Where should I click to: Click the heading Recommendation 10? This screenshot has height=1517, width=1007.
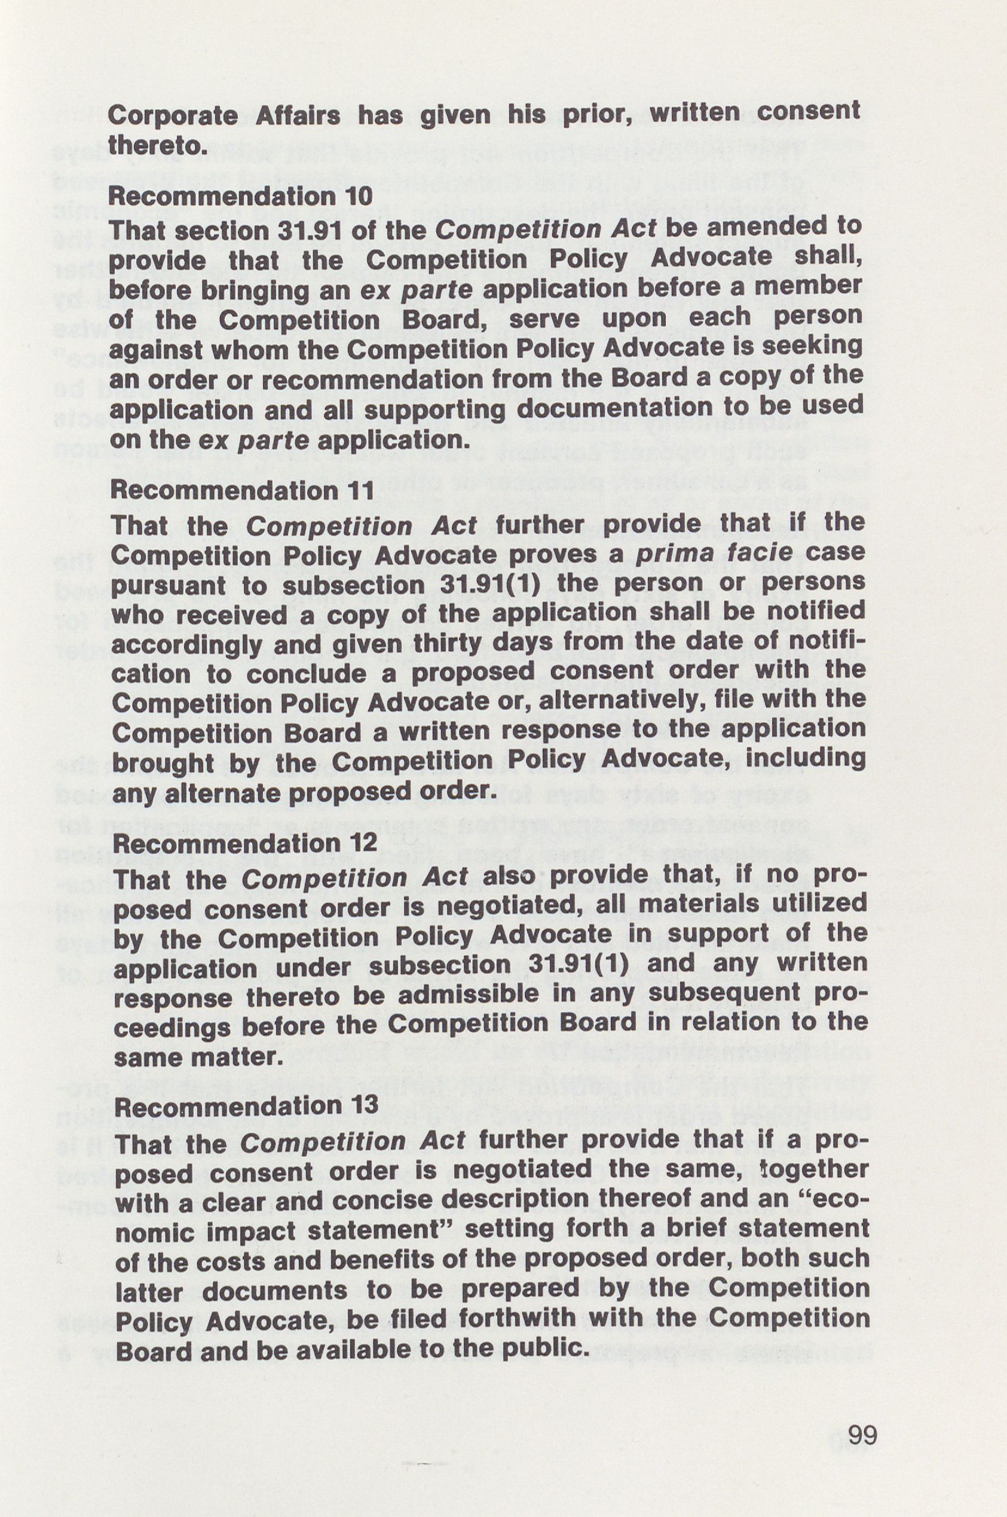[x=240, y=197]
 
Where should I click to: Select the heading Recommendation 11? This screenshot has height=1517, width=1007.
[x=242, y=491]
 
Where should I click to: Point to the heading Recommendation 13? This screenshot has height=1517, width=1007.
[x=247, y=1106]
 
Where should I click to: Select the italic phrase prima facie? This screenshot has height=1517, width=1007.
[x=714, y=553]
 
